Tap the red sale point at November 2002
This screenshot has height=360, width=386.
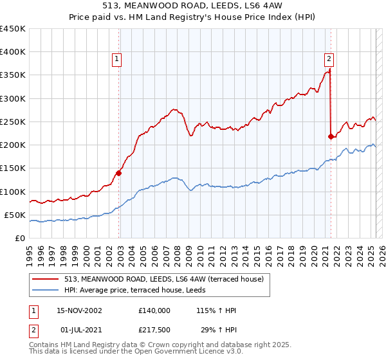[119, 172]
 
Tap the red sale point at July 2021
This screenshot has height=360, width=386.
[331, 136]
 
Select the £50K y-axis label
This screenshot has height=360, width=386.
[15, 215]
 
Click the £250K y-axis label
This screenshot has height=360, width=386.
[13, 122]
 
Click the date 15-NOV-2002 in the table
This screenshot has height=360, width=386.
[79, 310]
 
